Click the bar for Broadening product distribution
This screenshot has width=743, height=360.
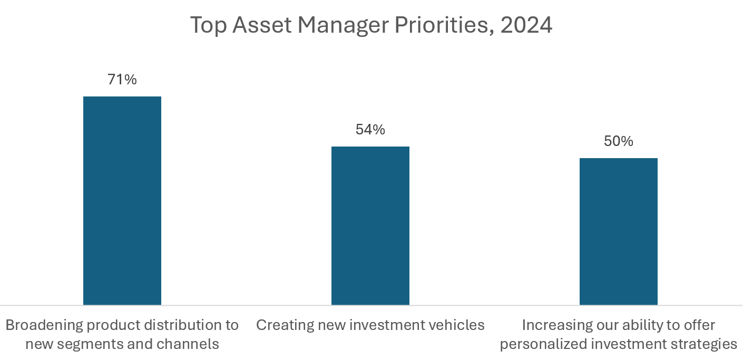pyautogui.click(x=122, y=200)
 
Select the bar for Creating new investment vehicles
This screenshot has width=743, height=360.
pyautogui.click(x=370, y=226)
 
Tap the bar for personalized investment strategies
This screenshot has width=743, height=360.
pyautogui.click(x=618, y=231)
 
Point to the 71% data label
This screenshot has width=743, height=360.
pyautogui.click(x=122, y=80)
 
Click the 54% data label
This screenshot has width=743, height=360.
pyautogui.click(x=370, y=130)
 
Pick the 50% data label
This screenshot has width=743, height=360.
pyautogui.click(x=618, y=141)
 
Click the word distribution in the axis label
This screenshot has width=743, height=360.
pyautogui.click(x=178, y=325)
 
